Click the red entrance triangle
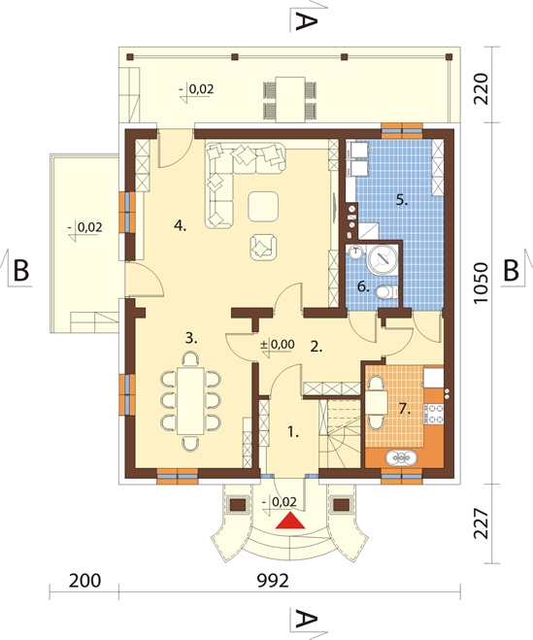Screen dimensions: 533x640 click(290, 521)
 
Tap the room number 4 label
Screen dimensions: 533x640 click(180, 225)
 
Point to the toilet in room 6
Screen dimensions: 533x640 click(385, 292)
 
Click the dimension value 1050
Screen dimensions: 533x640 click(482, 283)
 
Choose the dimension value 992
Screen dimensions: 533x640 click(273, 581)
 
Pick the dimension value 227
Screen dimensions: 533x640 click(482, 523)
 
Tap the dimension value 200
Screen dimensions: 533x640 click(84, 581)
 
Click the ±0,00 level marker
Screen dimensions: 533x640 click(278, 345)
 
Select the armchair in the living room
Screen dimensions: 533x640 click(263, 248)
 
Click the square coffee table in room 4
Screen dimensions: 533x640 click(263, 207)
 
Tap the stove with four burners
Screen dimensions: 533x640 click(435, 414)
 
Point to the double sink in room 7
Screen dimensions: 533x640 click(401, 458)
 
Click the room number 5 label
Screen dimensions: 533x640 click(402, 200)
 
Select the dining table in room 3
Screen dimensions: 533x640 click(190, 401)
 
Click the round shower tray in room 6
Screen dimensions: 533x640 click(383, 258)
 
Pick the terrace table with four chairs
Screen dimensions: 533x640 click(290, 99)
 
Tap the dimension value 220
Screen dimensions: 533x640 click(482, 88)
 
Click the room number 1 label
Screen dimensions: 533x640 click(293, 432)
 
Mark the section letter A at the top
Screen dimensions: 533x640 click(306, 21)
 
